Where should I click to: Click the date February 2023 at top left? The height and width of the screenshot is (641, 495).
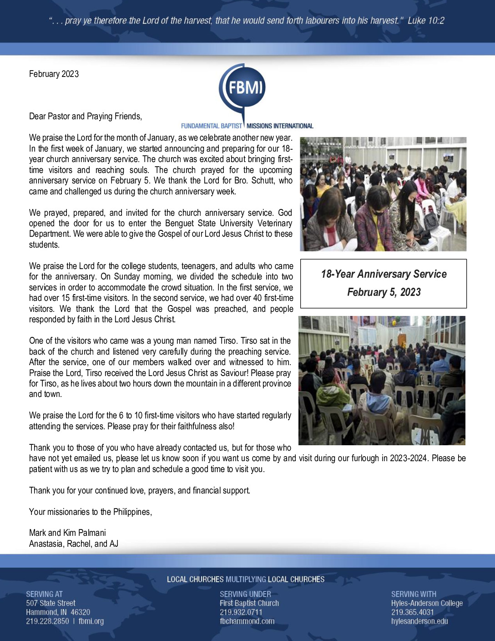[54, 74]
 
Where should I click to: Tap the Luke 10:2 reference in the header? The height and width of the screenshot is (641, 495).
[426, 20]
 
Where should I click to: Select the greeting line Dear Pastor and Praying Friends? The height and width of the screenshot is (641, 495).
[86, 116]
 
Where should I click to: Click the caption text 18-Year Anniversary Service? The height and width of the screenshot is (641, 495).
[384, 274]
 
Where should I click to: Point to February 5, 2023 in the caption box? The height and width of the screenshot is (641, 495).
[384, 292]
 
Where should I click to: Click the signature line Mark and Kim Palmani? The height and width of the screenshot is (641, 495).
[67, 533]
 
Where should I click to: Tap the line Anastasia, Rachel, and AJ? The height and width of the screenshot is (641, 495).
[74, 544]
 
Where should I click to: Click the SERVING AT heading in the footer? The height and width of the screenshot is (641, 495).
[44, 594]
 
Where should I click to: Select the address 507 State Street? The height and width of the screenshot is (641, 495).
[51, 603]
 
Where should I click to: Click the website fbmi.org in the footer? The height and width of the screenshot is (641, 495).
[91, 621]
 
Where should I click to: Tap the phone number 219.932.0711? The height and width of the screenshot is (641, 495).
[241, 612]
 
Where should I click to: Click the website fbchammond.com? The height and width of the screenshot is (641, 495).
[247, 621]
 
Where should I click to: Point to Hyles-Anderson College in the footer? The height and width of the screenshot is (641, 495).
[427, 603]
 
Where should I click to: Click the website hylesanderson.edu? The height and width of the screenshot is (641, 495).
[419, 621]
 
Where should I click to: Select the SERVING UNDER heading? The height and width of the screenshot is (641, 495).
[245, 594]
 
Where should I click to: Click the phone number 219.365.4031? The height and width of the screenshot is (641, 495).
[412, 612]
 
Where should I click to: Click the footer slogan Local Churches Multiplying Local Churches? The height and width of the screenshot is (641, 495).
[246, 580]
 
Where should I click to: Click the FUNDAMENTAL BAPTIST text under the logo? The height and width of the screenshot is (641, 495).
[212, 126]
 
